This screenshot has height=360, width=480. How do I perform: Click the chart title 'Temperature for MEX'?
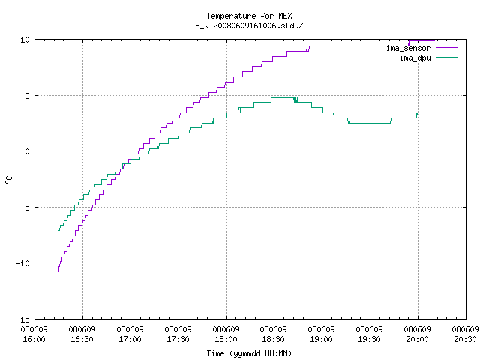pos(249,16)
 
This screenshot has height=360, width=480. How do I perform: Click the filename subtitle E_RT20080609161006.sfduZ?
pos(249,25)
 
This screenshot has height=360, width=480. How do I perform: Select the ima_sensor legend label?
pos(408,48)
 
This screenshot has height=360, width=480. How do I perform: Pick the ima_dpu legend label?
pos(415,58)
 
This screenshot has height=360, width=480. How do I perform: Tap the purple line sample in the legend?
pos(446,48)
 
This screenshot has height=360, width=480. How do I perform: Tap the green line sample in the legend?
pos(446,57)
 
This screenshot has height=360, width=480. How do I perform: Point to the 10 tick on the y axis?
pos(25,40)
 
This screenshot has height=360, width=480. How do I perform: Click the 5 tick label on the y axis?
pos(28,96)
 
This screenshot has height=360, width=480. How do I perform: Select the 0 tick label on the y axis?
pos(28,151)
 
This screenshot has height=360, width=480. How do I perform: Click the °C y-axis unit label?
pos(9,180)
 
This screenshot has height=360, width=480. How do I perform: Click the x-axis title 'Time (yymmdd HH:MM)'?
pos(249,353)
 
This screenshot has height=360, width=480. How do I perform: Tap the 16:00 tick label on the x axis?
pos(34,334)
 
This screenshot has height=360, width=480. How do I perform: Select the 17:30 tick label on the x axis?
pos(178,334)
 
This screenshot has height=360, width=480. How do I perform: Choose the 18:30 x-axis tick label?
pos(274,334)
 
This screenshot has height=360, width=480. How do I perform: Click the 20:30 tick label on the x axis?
pos(465,334)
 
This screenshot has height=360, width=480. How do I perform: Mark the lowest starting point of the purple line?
pos(58,277)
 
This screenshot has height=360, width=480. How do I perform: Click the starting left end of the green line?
pos(58,230)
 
